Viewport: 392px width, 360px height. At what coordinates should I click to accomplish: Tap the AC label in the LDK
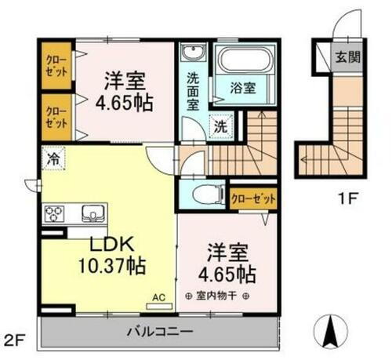tap(158, 298)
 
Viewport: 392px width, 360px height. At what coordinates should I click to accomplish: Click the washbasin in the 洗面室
tap(191, 54)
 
